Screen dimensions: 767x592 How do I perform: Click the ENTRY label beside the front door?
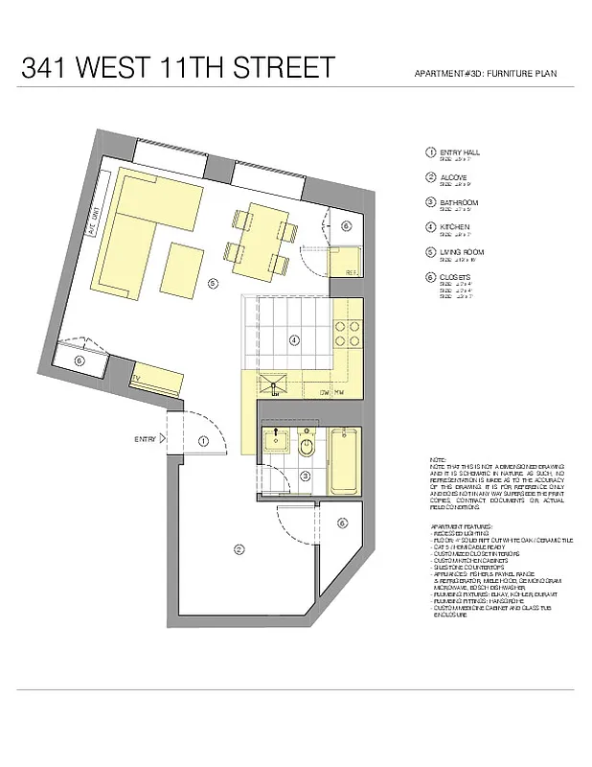[x=145, y=439]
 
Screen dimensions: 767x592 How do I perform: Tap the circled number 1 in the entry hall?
[x=203, y=440]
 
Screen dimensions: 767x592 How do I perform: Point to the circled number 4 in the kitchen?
[x=294, y=338]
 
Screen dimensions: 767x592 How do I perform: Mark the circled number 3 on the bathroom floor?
[x=305, y=476]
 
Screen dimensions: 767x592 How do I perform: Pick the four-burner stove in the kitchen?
[x=346, y=331]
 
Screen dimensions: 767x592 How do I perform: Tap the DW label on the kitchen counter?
[x=326, y=391]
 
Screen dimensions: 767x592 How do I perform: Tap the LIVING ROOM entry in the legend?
[x=459, y=252]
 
